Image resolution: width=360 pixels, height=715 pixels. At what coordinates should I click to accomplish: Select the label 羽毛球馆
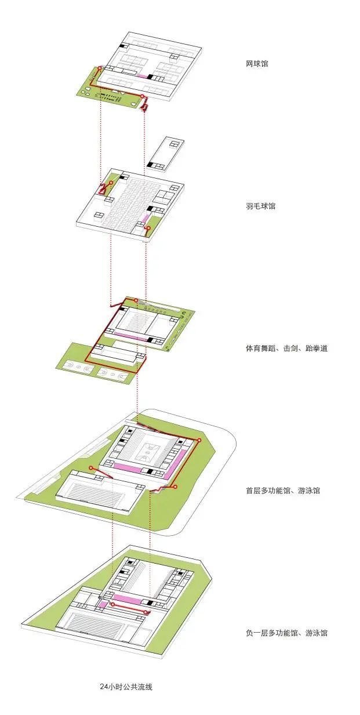coord(260,206)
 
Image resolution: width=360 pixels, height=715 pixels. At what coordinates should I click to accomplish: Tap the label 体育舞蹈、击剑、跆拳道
coord(286,349)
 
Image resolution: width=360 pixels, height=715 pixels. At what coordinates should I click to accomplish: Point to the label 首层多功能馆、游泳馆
coord(282,491)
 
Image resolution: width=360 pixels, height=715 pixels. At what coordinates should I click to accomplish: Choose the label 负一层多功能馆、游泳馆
coord(286,633)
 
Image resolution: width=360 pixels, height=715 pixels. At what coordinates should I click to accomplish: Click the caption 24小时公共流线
coord(126,687)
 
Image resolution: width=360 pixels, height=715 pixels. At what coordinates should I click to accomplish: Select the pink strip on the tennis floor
coord(142,76)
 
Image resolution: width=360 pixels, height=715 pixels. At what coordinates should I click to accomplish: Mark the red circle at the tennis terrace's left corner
coord(99,68)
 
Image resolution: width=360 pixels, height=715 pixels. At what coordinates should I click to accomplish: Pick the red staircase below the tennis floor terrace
coord(144,104)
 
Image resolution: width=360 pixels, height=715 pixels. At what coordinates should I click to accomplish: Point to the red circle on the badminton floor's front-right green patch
coord(148,228)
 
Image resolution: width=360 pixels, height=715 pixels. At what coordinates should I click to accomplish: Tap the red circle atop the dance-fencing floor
coord(136,300)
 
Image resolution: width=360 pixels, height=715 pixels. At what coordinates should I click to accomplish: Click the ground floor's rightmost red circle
coord(199,441)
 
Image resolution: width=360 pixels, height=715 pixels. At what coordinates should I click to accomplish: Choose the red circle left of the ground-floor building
coord(90,468)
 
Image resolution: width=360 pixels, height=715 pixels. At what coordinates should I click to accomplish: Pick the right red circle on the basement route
coord(146,610)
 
